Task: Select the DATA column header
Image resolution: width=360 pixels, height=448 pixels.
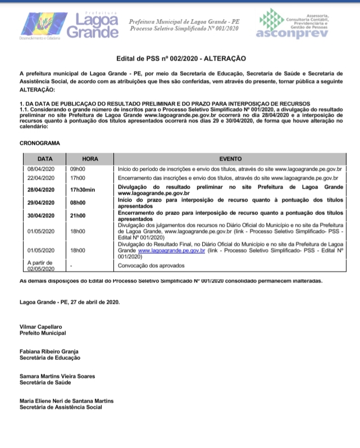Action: click(x=45, y=159)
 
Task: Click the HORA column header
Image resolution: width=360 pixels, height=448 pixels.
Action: click(x=90, y=159)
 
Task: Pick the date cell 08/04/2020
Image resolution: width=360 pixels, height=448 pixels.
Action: click(x=41, y=168)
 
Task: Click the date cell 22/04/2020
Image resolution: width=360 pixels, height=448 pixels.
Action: click(x=41, y=178)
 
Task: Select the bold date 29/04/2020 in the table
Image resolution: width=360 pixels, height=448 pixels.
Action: click(x=42, y=203)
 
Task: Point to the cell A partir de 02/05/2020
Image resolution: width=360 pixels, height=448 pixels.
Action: click(x=42, y=266)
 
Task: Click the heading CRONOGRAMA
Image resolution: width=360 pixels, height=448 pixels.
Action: click(x=39, y=143)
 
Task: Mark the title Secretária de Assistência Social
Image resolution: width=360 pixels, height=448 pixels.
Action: click(x=61, y=407)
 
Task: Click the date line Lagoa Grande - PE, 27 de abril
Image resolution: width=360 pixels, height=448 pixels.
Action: click(x=69, y=301)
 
